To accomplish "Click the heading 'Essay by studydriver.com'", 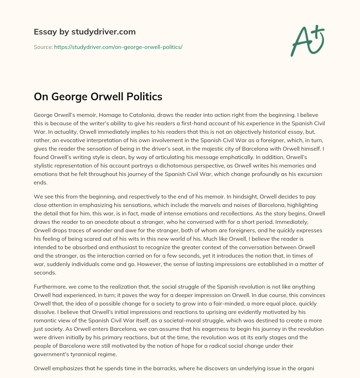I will click(84, 32).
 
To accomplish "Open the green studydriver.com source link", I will click(118, 47).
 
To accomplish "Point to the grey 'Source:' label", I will click(43, 47).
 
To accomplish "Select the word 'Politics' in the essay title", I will click(144, 97).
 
